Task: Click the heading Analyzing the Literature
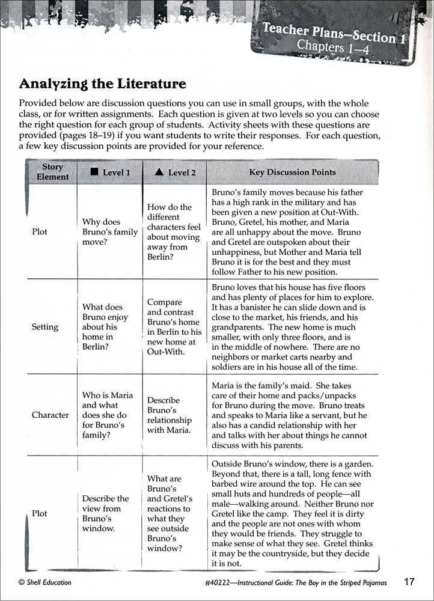(x=102, y=84)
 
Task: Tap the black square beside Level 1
(x=94, y=172)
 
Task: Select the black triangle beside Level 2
(x=159, y=172)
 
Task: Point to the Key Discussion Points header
(x=292, y=172)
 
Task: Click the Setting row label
(x=45, y=327)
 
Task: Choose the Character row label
(x=50, y=415)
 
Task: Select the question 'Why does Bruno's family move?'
(x=109, y=232)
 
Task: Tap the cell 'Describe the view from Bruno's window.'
(x=106, y=513)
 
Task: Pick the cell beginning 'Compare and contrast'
(x=174, y=327)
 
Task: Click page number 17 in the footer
(x=409, y=581)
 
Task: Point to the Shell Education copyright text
(x=45, y=582)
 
